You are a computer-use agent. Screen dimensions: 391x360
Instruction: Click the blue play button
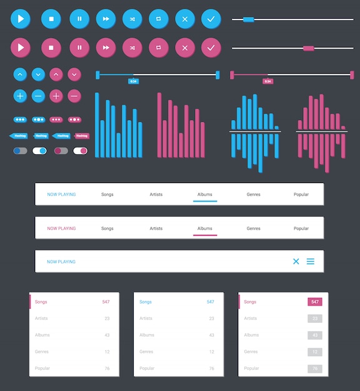(21, 19)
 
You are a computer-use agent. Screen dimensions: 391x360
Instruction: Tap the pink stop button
(51, 47)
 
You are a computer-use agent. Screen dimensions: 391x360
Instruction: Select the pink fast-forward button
(106, 47)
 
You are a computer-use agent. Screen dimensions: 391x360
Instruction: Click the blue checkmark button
(211, 19)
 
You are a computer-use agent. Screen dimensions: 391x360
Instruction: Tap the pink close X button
(185, 47)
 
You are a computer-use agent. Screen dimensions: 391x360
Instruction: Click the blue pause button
(79, 19)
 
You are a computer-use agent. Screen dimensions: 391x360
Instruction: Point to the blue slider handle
(248, 19)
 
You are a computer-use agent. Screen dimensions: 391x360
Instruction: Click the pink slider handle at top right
(308, 48)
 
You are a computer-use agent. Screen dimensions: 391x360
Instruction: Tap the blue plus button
(20, 96)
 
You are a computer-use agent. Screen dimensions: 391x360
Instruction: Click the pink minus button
(74, 96)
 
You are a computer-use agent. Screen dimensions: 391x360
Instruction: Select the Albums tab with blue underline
(205, 194)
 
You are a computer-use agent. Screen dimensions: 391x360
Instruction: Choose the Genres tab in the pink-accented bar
(253, 229)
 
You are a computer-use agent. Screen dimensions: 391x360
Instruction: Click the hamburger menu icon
(311, 261)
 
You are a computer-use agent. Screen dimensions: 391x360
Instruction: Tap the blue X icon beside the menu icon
(296, 261)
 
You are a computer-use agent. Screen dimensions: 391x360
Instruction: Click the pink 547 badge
(315, 302)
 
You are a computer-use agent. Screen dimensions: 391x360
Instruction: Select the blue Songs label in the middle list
(146, 302)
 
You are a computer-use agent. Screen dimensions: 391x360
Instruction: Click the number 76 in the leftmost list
(107, 369)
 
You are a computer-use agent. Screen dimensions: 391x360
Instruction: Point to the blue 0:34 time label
(132, 82)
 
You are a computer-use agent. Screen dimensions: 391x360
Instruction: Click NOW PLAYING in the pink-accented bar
(61, 229)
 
